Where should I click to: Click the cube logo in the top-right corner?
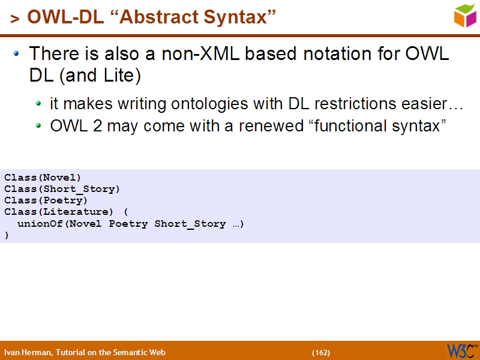[465, 16]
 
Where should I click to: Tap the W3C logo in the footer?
[461, 350]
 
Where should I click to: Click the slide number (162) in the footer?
[321, 353]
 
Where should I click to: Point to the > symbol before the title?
[14, 19]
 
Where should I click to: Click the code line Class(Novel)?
[43, 177]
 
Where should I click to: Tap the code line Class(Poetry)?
[46, 200]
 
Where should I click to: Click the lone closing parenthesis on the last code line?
[7, 235]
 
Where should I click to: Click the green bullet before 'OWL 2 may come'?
[39, 127]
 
